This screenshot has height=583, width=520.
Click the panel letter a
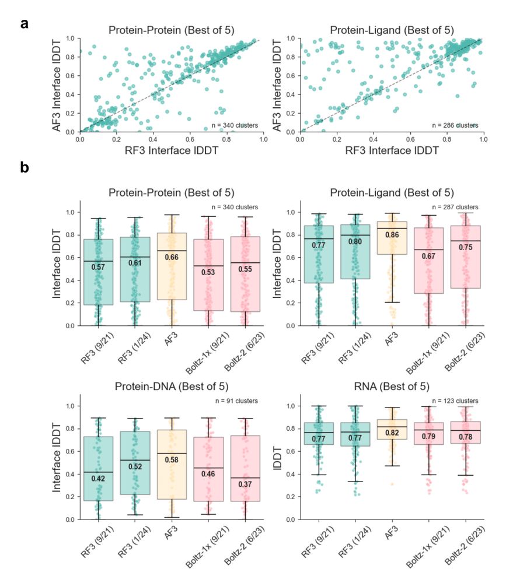[x=25, y=25]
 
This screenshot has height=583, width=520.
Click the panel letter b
[x=25, y=168]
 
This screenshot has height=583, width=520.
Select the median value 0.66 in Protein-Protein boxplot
[x=168, y=257]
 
